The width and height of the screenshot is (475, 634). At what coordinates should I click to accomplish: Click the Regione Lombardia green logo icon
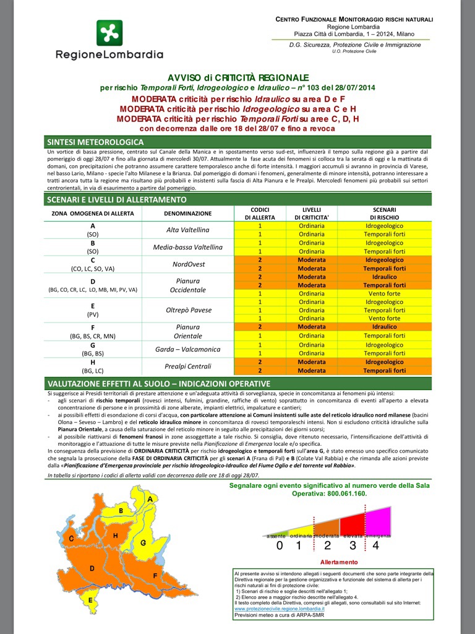109,33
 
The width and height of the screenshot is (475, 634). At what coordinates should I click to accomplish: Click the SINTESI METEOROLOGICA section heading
95,142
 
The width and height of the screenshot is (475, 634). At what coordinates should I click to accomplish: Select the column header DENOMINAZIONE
188,213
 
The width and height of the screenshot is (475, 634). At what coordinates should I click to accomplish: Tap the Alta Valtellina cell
188,230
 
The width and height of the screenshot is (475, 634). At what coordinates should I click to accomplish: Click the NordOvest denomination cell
188,264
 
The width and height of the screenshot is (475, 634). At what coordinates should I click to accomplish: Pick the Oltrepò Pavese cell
188,310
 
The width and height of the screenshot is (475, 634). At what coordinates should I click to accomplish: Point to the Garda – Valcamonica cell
188,349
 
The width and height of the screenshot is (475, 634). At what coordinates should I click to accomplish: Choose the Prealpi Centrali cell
188,366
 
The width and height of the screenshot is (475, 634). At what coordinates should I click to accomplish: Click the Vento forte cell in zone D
384,293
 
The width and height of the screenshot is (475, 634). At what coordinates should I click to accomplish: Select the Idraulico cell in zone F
384,327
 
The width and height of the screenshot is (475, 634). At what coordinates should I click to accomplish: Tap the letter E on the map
90,600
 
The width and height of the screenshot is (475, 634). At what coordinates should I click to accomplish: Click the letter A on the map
150,499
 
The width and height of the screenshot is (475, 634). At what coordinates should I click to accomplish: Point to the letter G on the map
143,543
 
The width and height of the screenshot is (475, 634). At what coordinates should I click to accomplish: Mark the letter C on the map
72,539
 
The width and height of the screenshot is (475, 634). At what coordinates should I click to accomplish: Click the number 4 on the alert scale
375,546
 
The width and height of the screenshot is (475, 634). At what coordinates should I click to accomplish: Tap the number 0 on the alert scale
280,546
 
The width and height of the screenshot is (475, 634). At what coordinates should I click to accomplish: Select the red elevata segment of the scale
353,523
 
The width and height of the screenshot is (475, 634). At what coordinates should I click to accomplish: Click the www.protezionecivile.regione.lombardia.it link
279,609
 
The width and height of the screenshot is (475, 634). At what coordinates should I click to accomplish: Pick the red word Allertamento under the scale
338,562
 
